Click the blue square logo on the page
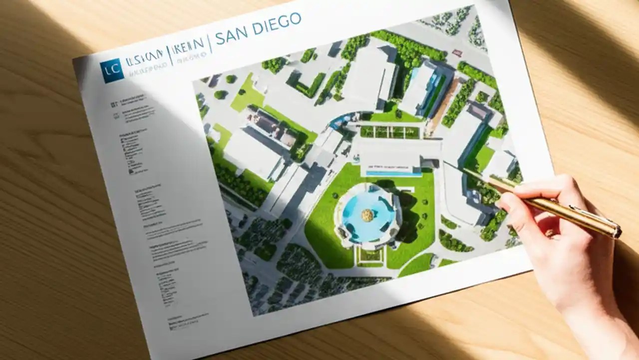(111, 70)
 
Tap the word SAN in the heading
(233, 32)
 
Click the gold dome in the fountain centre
(367, 215)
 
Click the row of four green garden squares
(390, 132)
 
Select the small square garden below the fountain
(370, 255)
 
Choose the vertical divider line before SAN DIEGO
(211, 42)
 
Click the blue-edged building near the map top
(424, 87)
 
